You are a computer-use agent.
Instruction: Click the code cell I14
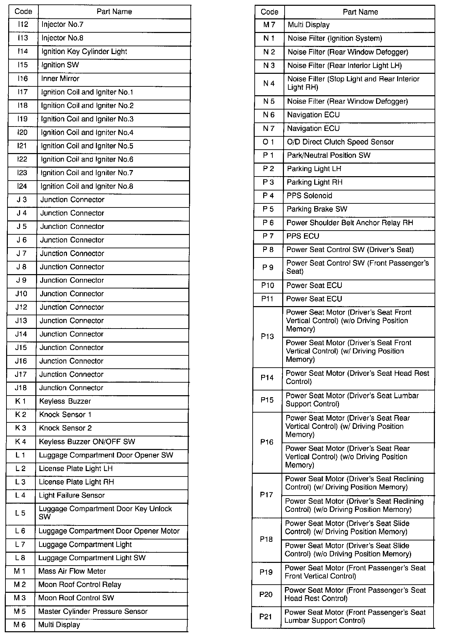(x=23, y=52)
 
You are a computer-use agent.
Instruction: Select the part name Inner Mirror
(x=60, y=79)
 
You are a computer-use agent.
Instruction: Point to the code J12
(x=21, y=307)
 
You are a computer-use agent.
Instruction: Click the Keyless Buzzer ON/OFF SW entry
(x=87, y=442)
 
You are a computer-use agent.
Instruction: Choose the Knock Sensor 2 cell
(x=66, y=428)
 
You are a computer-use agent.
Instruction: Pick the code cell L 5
(x=20, y=513)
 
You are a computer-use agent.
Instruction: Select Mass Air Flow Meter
(x=72, y=571)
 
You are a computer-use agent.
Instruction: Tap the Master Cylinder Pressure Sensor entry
(x=93, y=612)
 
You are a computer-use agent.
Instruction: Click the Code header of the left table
(x=23, y=12)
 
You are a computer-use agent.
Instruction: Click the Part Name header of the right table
(x=360, y=12)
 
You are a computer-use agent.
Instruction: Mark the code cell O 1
(x=268, y=142)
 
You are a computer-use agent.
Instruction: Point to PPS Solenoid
(x=309, y=196)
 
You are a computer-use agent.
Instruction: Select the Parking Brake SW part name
(x=317, y=209)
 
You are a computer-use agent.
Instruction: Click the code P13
(x=267, y=336)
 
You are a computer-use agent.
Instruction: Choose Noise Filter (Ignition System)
(x=335, y=38)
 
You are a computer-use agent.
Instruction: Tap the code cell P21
(x=266, y=617)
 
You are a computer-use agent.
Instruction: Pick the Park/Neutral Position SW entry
(x=328, y=155)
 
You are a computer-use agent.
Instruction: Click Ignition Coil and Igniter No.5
(x=87, y=146)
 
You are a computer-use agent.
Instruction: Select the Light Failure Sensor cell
(x=72, y=496)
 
